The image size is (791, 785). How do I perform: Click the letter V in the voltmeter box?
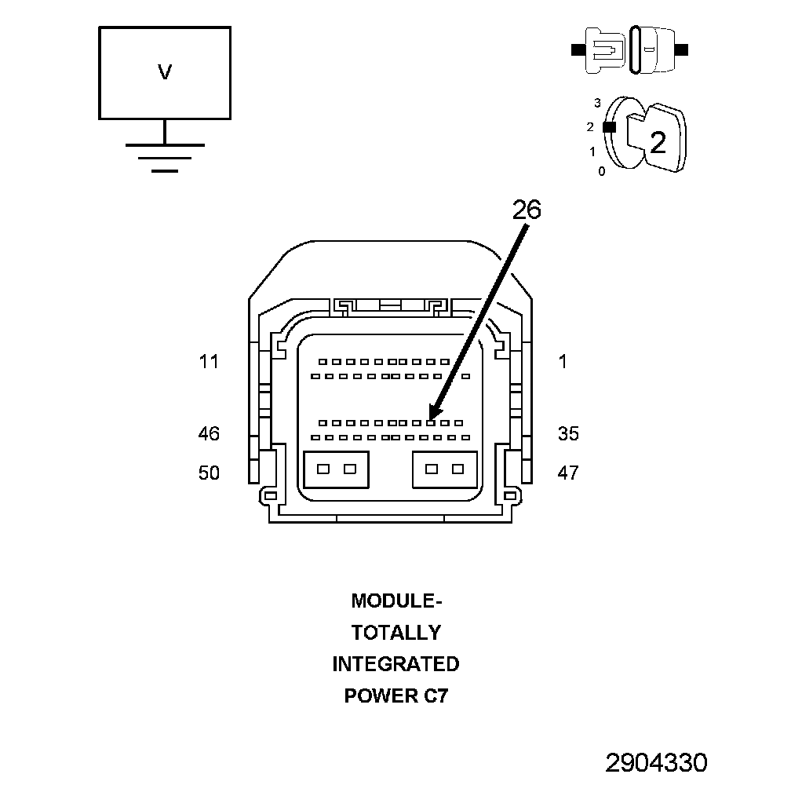click(x=165, y=72)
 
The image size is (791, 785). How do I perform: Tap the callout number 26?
click(x=527, y=210)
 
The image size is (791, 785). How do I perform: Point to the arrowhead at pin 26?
click(x=433, y=413)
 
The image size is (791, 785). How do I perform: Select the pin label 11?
click(x=209, y=362)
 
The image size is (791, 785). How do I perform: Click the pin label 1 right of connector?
click(x=563, y=362)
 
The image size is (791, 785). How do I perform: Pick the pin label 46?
click(x=209, y=433)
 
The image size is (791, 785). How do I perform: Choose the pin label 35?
click(x=568, y=433)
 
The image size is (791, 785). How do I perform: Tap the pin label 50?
click(x=209, y=473)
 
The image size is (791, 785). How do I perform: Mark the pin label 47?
click(x=568, y=473)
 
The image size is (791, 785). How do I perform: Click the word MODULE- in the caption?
click(x=396, y=601)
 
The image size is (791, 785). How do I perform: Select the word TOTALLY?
click(x=396, y=633)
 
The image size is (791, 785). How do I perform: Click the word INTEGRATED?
click(x=396, y=664)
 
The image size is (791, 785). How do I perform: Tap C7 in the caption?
click(x=436, y=696)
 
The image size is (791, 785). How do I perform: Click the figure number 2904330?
click(x=656, y=763)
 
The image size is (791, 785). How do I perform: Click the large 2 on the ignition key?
click(x=658, y=143)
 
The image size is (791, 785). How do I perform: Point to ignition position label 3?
click(x=598, y=103)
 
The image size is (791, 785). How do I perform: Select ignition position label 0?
click(x=602, y=172)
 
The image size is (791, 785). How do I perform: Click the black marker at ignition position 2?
click(x=610, y=127)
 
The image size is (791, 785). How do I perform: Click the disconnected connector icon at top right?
click(x=629, y=50)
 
